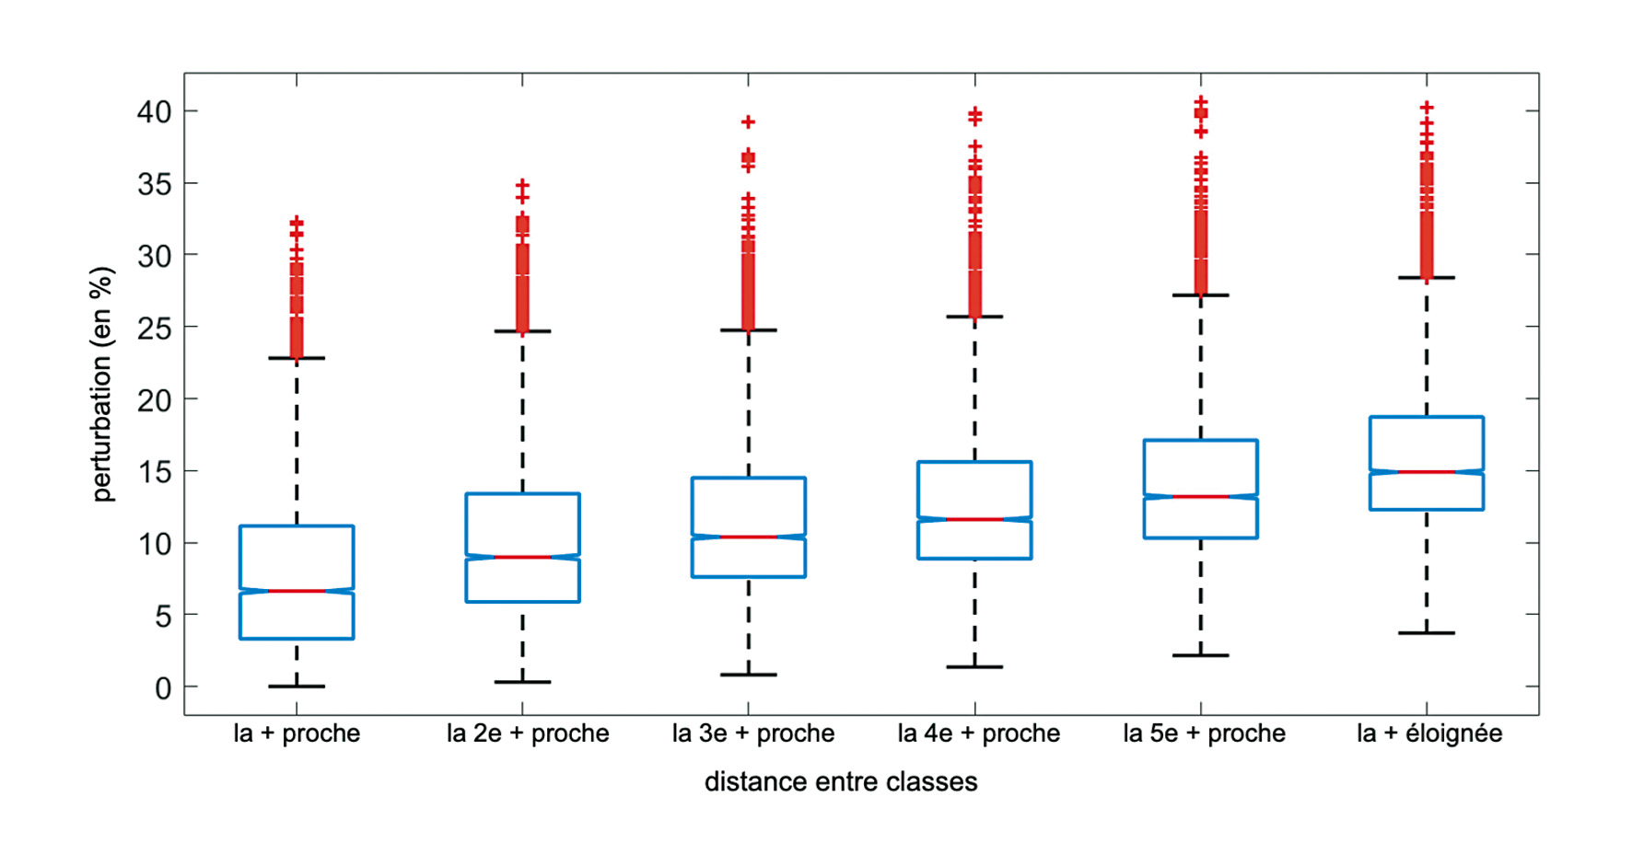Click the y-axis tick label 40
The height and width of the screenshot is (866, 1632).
[154, 112]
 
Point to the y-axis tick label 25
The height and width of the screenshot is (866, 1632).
[154, 328]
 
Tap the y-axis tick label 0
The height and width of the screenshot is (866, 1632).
[163, 687]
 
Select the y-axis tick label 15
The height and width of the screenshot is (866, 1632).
[154, 472]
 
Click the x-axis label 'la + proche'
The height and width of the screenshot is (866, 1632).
[297, 733]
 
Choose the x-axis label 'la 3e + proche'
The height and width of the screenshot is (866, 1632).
[752, 733]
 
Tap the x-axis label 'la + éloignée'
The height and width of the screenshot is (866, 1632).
[1429, 733]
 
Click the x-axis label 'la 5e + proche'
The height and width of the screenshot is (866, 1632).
[1204, 733]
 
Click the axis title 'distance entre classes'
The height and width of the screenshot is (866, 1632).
[840, 782]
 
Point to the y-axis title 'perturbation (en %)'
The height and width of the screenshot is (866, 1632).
[102, 384]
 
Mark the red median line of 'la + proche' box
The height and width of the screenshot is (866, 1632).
[297, 591]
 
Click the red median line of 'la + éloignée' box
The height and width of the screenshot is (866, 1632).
[1427, 472]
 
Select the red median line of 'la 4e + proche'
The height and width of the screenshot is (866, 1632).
[974, 520]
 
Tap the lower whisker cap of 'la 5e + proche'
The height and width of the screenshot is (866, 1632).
[1201, 655]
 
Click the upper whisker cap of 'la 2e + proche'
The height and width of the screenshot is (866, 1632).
[522, 331]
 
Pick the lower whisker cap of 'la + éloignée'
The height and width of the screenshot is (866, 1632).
[1427, 633]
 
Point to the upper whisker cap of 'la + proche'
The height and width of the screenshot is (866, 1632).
[297, 358]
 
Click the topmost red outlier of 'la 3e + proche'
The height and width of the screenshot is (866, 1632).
[749, 121]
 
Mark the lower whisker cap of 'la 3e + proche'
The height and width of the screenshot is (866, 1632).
[749, 675]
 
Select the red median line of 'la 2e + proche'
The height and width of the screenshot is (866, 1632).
[522, 557]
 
